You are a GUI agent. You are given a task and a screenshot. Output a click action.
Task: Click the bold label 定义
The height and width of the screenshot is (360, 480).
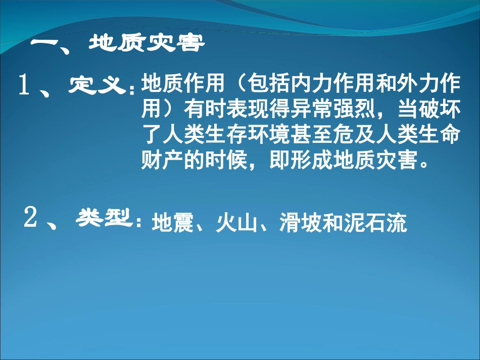point(97,85)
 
